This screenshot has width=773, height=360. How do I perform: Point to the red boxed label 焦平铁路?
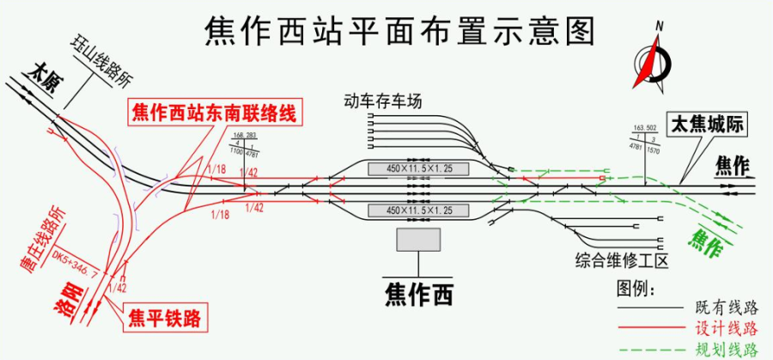tap(165, 319)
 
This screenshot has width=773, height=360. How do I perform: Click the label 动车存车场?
tap(382, 101)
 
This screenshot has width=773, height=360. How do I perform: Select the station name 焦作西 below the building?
tap(418, 295)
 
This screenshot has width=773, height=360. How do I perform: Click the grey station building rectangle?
tap(418, 240)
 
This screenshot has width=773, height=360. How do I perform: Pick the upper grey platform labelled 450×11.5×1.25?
tap(419, 168)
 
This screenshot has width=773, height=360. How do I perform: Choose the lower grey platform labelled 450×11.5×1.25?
tap(419, 211)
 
